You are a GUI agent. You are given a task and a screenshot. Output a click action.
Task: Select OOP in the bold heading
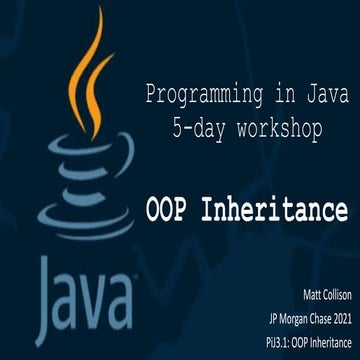(171, 211)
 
